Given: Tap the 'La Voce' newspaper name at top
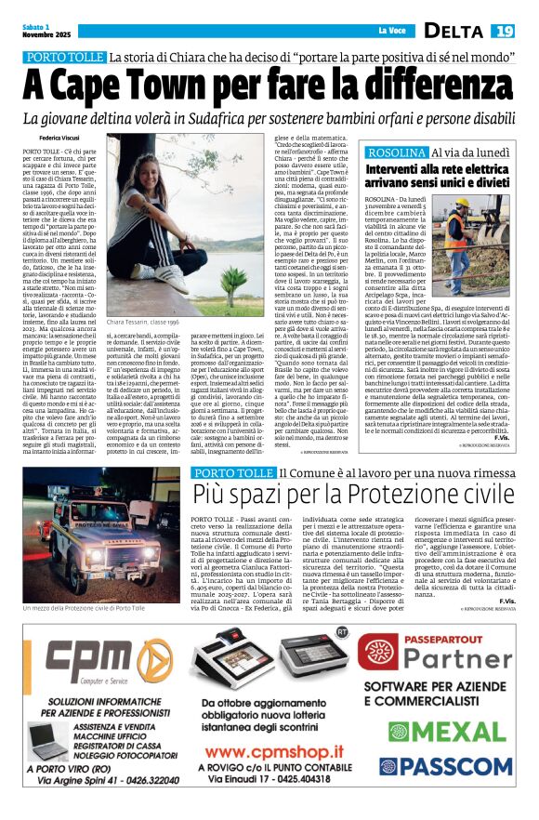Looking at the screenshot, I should point(388,32).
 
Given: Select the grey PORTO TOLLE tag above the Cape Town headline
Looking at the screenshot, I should point(64,58).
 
